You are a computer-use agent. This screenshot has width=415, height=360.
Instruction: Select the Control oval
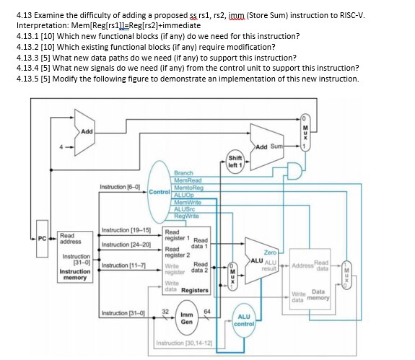click(160, 193)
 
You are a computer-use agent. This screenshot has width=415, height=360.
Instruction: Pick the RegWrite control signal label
click(187, 216)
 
